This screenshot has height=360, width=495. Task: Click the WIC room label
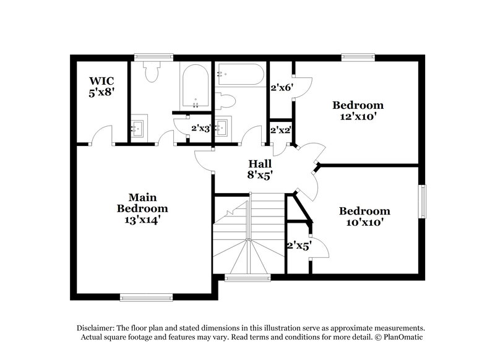pos(101,81)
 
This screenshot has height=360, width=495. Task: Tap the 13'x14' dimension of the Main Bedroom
pos(143,219)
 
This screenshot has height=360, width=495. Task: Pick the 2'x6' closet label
pos(281,88)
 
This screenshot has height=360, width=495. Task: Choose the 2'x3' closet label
pos(202,129)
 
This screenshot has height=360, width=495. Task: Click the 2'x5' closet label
pos(298,245)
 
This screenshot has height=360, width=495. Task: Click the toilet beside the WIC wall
pos(150,73)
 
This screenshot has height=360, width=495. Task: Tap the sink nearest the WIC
pos(140,127)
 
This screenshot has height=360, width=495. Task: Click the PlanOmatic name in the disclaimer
pos(403,337)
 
